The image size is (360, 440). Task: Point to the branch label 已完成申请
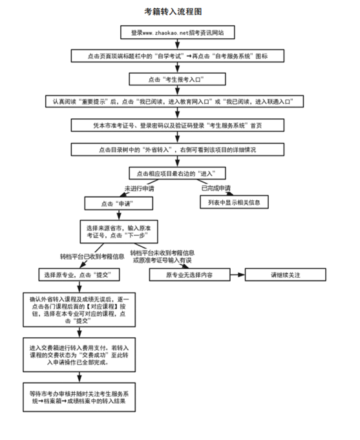tap(216, 188)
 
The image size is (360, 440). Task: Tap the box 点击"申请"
tap(118, 203)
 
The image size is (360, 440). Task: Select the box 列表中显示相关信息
tap(234, 203)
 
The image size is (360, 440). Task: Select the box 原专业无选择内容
tap(189, 275)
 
